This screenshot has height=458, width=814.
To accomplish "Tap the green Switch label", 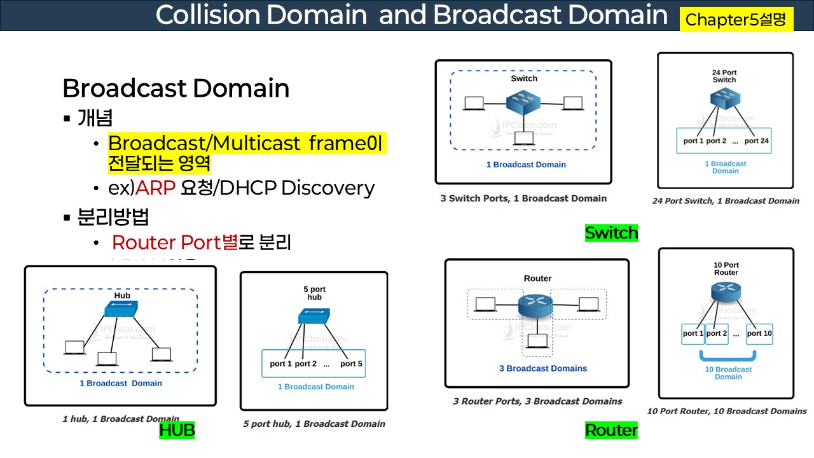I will (x=611, y=233).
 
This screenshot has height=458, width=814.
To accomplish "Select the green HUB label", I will (x=177, y=431).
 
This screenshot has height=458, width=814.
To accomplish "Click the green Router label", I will (x=611, y=431).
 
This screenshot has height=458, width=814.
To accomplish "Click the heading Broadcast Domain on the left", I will (x=176, y=88).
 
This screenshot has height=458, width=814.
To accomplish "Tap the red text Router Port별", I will (x=174, y=242).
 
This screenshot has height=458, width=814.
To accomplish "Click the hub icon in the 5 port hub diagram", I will (x=314, y=316).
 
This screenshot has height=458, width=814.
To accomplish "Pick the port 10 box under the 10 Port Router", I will (x=759, y=333).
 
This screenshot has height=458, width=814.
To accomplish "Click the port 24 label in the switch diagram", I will (x=757, y=141).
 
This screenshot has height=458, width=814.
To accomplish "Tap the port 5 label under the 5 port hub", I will (x=351, y=364).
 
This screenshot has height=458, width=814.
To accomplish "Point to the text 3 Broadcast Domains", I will (x=542, y=368).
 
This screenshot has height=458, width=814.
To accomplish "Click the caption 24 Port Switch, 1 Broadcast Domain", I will (x=726, y=201).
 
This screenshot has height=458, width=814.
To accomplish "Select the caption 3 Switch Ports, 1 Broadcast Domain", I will (x=523, y=198).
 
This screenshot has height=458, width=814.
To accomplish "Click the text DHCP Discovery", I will (x=328, y=188).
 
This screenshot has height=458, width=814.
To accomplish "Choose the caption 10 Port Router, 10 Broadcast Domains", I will (x=726, y=411).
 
